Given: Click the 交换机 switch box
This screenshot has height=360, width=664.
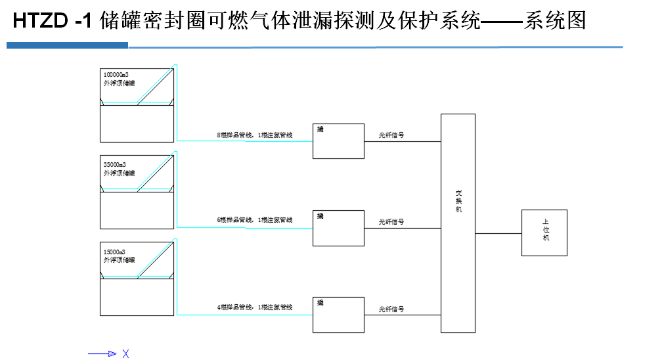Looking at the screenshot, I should click(x=458, y=223).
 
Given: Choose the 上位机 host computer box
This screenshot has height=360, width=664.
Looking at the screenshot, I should click(x=544, y=233).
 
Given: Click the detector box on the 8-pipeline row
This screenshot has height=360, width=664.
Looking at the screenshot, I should click(x=338, y=141).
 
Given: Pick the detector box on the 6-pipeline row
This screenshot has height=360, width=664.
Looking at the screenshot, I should click(x=338, y=228).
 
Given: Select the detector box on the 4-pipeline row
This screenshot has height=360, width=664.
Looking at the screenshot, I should click(x=338, y=315).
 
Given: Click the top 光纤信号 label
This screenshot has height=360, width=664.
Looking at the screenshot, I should click(x=391, y=135).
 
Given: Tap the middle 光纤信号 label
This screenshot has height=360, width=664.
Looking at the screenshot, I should click(x=391, y=221).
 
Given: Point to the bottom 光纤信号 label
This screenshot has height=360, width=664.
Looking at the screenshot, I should click(x=391, y=309).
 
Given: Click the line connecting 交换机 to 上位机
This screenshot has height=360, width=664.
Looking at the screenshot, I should click(x=498, y=233).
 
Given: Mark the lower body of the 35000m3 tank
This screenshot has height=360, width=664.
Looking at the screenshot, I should click(x=137, y=210).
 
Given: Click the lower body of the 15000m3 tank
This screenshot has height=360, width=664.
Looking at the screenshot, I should click(x=137, y=298).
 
